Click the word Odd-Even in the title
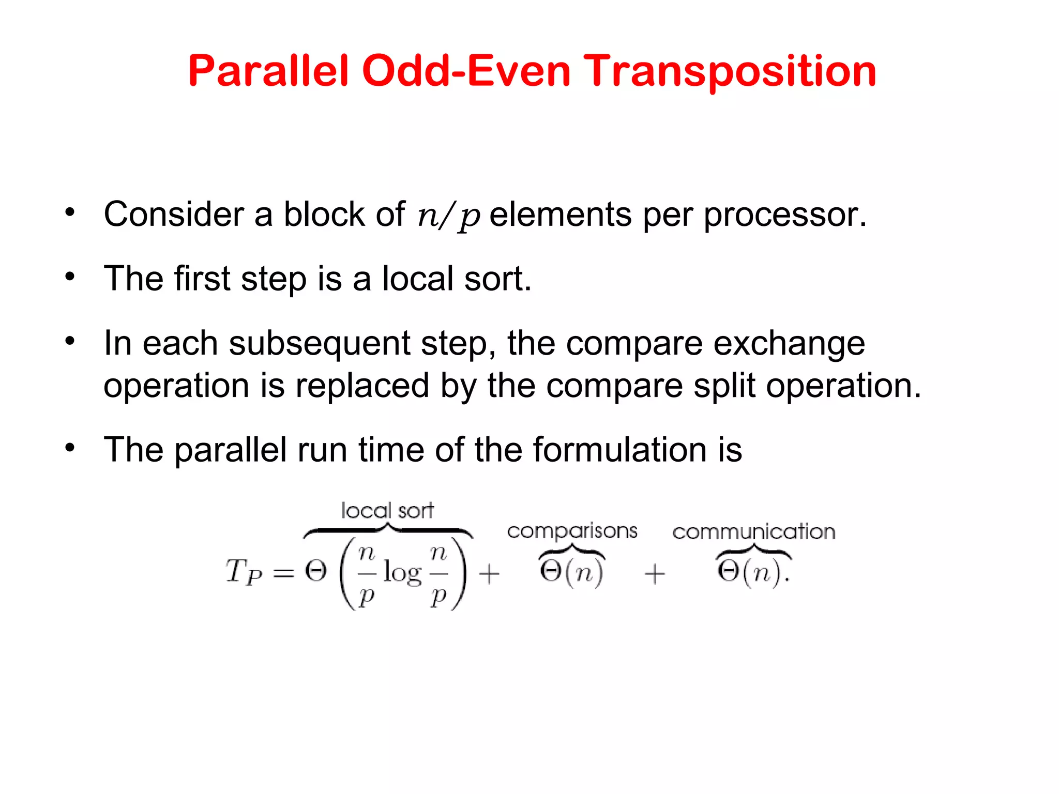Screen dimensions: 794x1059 [x=465, y=71]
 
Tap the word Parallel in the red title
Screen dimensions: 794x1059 [x=269, y=71]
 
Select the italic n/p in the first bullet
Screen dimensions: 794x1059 [x=448, y=216]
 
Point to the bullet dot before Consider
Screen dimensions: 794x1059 [x=70, y=212]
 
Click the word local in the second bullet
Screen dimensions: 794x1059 [x=417, y=279]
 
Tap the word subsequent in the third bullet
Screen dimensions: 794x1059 [x=319, y=343]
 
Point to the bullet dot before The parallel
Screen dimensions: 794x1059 [x=70, y=448]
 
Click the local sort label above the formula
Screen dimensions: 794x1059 [x=387, y=511]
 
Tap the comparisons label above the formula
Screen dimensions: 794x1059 [x=572, y=531]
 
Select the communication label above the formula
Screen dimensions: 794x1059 [x=753, y=531]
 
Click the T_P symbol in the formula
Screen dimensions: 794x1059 [x=243, y=573]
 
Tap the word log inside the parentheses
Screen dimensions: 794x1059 [x=402, y=574]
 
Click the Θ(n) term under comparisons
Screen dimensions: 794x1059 [x=571, y=572]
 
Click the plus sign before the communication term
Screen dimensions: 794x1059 [x=655, y=574]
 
